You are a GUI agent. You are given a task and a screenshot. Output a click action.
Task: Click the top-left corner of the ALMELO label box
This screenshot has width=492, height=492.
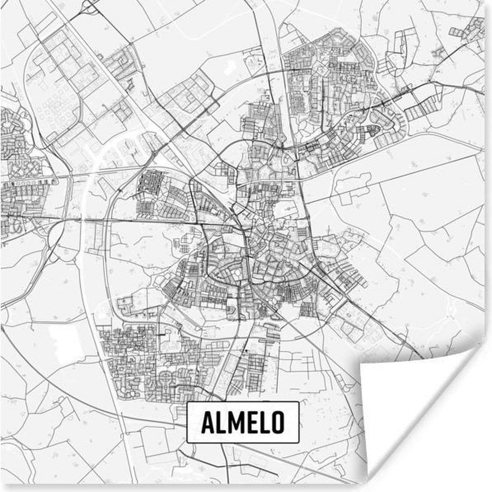coord(187,403)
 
